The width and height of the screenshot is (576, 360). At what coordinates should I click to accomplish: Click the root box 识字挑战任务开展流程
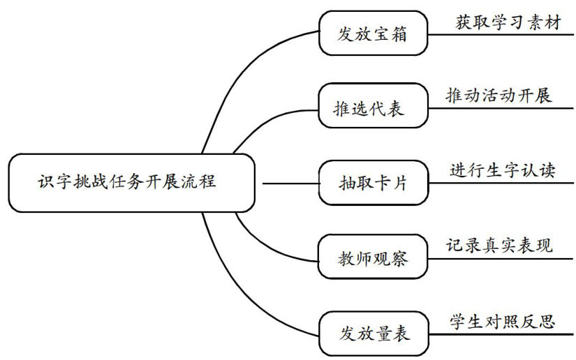[132, 183]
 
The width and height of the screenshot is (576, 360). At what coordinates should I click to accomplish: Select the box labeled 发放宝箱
[372, 32]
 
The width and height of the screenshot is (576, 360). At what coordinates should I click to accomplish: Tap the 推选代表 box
[372, 107]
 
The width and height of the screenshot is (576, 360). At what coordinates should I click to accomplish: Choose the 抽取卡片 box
[372, 183]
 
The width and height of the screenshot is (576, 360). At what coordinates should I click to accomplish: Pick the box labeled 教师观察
[372, 258]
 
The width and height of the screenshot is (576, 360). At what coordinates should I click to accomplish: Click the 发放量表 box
[372, 333]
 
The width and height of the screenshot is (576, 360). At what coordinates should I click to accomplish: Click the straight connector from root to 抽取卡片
[290, 184]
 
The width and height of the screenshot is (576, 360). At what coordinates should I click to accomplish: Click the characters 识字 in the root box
[50, 183]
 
